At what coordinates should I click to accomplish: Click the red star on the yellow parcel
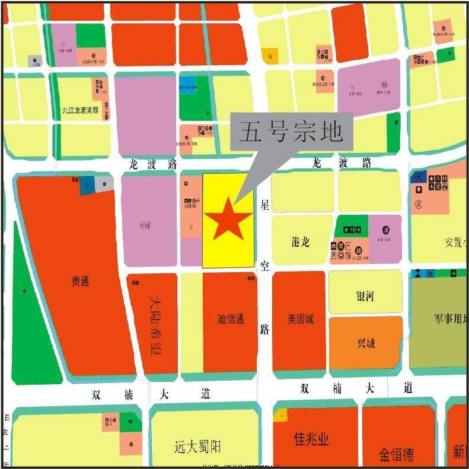[x=228, y=218]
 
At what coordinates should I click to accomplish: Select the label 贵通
[x=81, y=281]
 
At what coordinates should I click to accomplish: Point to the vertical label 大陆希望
[x=155, y=326]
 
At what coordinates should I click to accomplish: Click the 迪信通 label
[x=230, y=319]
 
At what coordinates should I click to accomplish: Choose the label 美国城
[x=301, y=319]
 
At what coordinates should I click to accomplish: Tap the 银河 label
[x=365, y=296]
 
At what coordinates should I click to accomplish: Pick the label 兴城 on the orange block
[x=366, y=343]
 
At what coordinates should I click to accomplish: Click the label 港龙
[x=301, y=242]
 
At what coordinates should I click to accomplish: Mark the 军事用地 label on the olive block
[x=451, y=319]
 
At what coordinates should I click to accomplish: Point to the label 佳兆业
[x=311, y=439]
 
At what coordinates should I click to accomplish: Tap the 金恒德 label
[x=397, y=455]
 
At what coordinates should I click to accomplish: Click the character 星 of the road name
[x=264, y=206]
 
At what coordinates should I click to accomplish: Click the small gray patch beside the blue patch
[x=104, y=184]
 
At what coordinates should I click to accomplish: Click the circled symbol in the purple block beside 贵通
[x=143, y=225]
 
